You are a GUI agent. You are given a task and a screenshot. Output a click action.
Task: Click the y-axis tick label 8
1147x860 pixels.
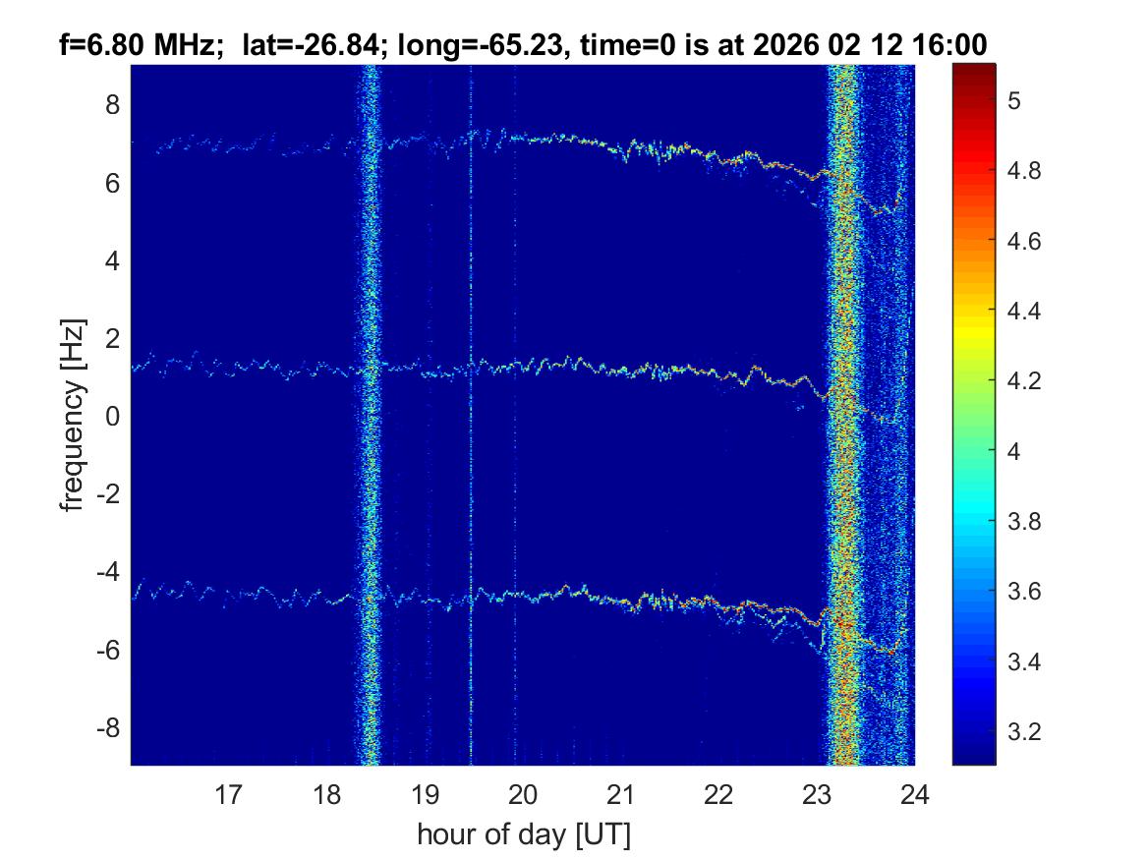113,104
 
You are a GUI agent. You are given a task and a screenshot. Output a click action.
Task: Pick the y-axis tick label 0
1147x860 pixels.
113,417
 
